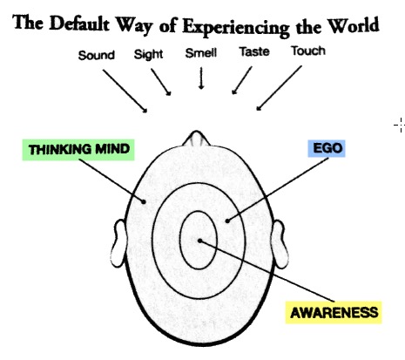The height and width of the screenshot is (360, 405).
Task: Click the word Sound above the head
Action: point(97,55)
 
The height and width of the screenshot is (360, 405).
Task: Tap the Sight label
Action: point(148,54)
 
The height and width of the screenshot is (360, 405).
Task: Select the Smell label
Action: point(201,53)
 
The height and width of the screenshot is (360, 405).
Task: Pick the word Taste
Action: point(254,51)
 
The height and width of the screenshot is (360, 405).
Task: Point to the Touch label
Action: point(308,51)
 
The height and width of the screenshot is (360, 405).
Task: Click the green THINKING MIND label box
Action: point(78,150)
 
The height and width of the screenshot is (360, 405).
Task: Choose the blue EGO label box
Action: point(327,148)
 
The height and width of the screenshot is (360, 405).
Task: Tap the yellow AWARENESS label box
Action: point(334,313)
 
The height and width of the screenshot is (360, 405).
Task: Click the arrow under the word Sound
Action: point(125,91)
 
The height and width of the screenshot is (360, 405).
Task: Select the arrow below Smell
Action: point(201,78)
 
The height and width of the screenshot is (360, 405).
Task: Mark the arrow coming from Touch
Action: point(279,88)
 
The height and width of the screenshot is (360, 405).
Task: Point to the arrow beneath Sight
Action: point(161,82)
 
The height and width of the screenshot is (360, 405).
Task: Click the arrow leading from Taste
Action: point(242,80)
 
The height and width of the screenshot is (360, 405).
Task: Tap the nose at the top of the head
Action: point(196,138)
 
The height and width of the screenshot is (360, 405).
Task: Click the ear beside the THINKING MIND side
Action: point(118,243)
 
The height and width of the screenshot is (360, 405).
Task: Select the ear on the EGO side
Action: point(280,244)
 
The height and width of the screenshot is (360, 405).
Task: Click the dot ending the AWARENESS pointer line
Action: point(199,241)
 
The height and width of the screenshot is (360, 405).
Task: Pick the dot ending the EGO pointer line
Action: point(227,221)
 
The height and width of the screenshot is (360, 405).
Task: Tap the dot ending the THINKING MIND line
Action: point(144,201)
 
